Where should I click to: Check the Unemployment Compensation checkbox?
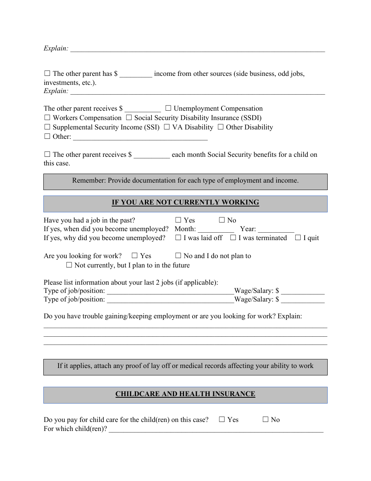(168, 108)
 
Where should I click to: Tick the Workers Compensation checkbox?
(47, 118)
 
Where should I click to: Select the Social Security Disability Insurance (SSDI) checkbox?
(129, 118)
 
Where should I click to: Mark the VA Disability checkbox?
(167, 127)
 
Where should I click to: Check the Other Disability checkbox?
(221, 127)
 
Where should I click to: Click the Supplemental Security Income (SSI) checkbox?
(47, 127)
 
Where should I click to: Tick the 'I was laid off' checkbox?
(178, 238)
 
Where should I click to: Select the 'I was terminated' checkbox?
(233, 238)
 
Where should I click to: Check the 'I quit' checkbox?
(298, 238)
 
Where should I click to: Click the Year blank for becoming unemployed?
(276, 230)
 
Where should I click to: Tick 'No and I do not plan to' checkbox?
(178, 256)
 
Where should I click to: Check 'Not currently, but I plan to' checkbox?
(69, 265)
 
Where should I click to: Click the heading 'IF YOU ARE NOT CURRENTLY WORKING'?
(185, 203)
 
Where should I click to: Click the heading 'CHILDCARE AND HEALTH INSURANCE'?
(185, 394)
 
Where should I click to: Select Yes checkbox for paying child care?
(222, 420)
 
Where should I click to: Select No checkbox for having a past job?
(222, 220)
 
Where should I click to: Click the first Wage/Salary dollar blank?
(303, 291)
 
